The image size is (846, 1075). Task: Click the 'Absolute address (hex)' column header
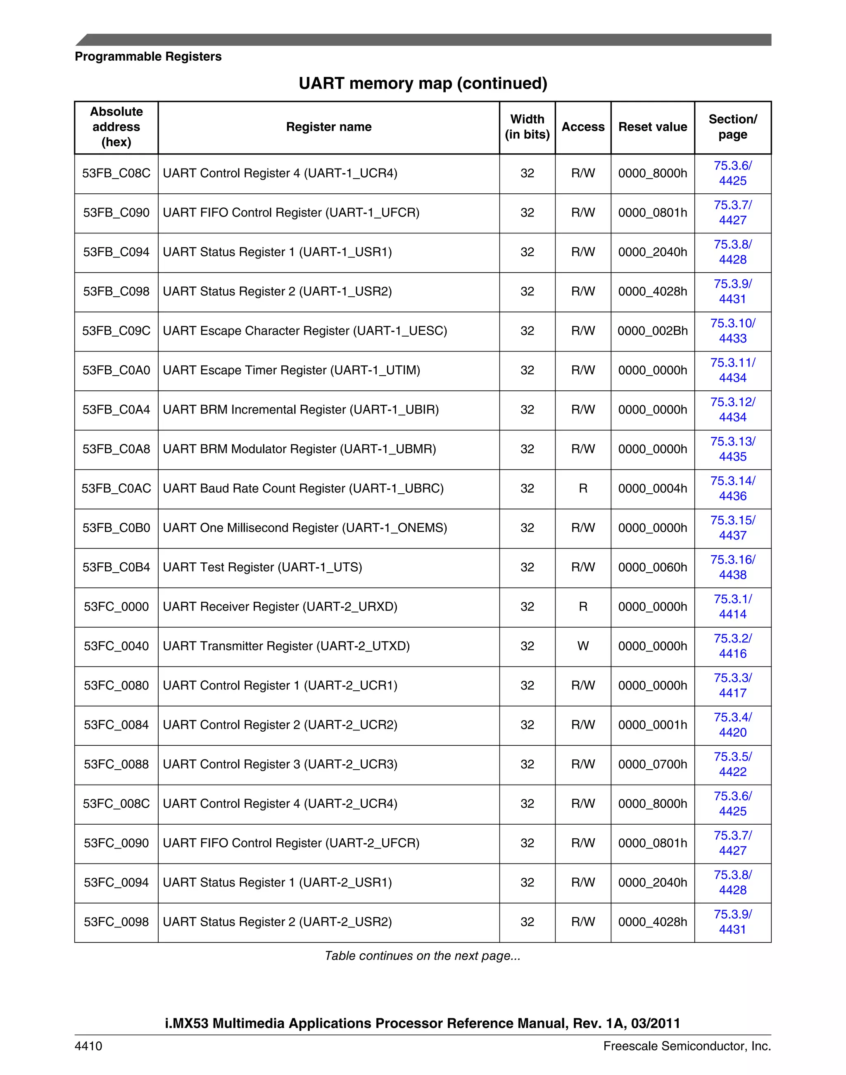116,127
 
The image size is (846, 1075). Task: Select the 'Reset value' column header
652,127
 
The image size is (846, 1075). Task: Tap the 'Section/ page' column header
732,127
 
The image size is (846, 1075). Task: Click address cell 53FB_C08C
116,174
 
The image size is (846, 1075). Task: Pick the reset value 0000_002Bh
652,331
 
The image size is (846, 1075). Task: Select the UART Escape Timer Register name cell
291,371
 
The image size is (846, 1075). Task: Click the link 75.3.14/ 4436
732,488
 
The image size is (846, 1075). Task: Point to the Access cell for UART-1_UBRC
582,488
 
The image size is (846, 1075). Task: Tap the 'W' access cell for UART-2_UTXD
582,646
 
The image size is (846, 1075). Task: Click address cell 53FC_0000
116,607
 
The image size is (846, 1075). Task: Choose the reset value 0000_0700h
652,764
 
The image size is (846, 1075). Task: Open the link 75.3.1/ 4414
732,607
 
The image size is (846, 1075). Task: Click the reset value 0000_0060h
652,567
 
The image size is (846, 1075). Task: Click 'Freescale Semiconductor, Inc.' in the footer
687,1046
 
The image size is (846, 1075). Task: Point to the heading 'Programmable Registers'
148,57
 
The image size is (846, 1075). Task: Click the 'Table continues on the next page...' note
422,956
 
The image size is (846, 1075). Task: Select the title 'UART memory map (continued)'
423,83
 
